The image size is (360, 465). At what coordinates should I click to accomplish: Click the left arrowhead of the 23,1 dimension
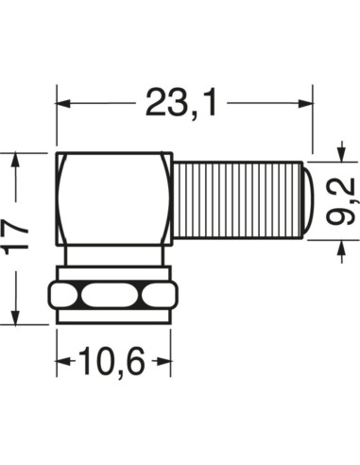[x=64, y=102]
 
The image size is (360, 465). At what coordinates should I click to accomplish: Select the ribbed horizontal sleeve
[x=236, y=202]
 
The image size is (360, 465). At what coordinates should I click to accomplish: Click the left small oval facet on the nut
[x=65, y=298]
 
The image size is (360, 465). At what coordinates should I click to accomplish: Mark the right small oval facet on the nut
[x=154, y=298]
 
